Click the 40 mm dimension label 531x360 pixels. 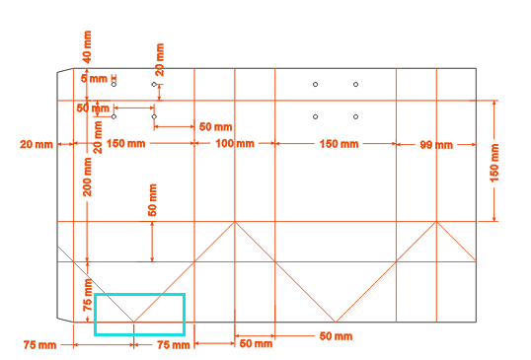[x=88, y=47]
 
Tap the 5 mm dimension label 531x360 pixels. [x=94, y=79]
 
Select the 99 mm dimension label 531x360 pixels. [x=436, y=145]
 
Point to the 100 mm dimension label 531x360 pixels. [x=235, y=143]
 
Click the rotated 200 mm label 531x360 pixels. [x=88, y=177]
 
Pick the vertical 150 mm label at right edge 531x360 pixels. [x=494, y=163]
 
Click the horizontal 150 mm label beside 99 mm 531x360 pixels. [x=339, y=144]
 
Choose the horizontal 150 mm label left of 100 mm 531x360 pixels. [x=126, y=143]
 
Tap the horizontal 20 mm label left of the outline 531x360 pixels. [x=37, y=144]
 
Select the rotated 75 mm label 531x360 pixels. [x=88, y=295]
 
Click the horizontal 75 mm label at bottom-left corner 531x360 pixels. [x=39, y=345]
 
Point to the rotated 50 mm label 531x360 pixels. [x=152, y=200]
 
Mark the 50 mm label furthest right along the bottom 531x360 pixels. [x=336, y=336]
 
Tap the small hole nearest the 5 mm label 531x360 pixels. [x=114, y=84]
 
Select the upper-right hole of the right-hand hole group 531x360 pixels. [x=355, y=84]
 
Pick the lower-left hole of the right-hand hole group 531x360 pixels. [x=315, y=116]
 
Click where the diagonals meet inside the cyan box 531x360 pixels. [x=134, y=322]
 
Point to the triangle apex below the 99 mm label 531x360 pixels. [x=436, y=222]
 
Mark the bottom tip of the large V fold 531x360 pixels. [x=336, y=322]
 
